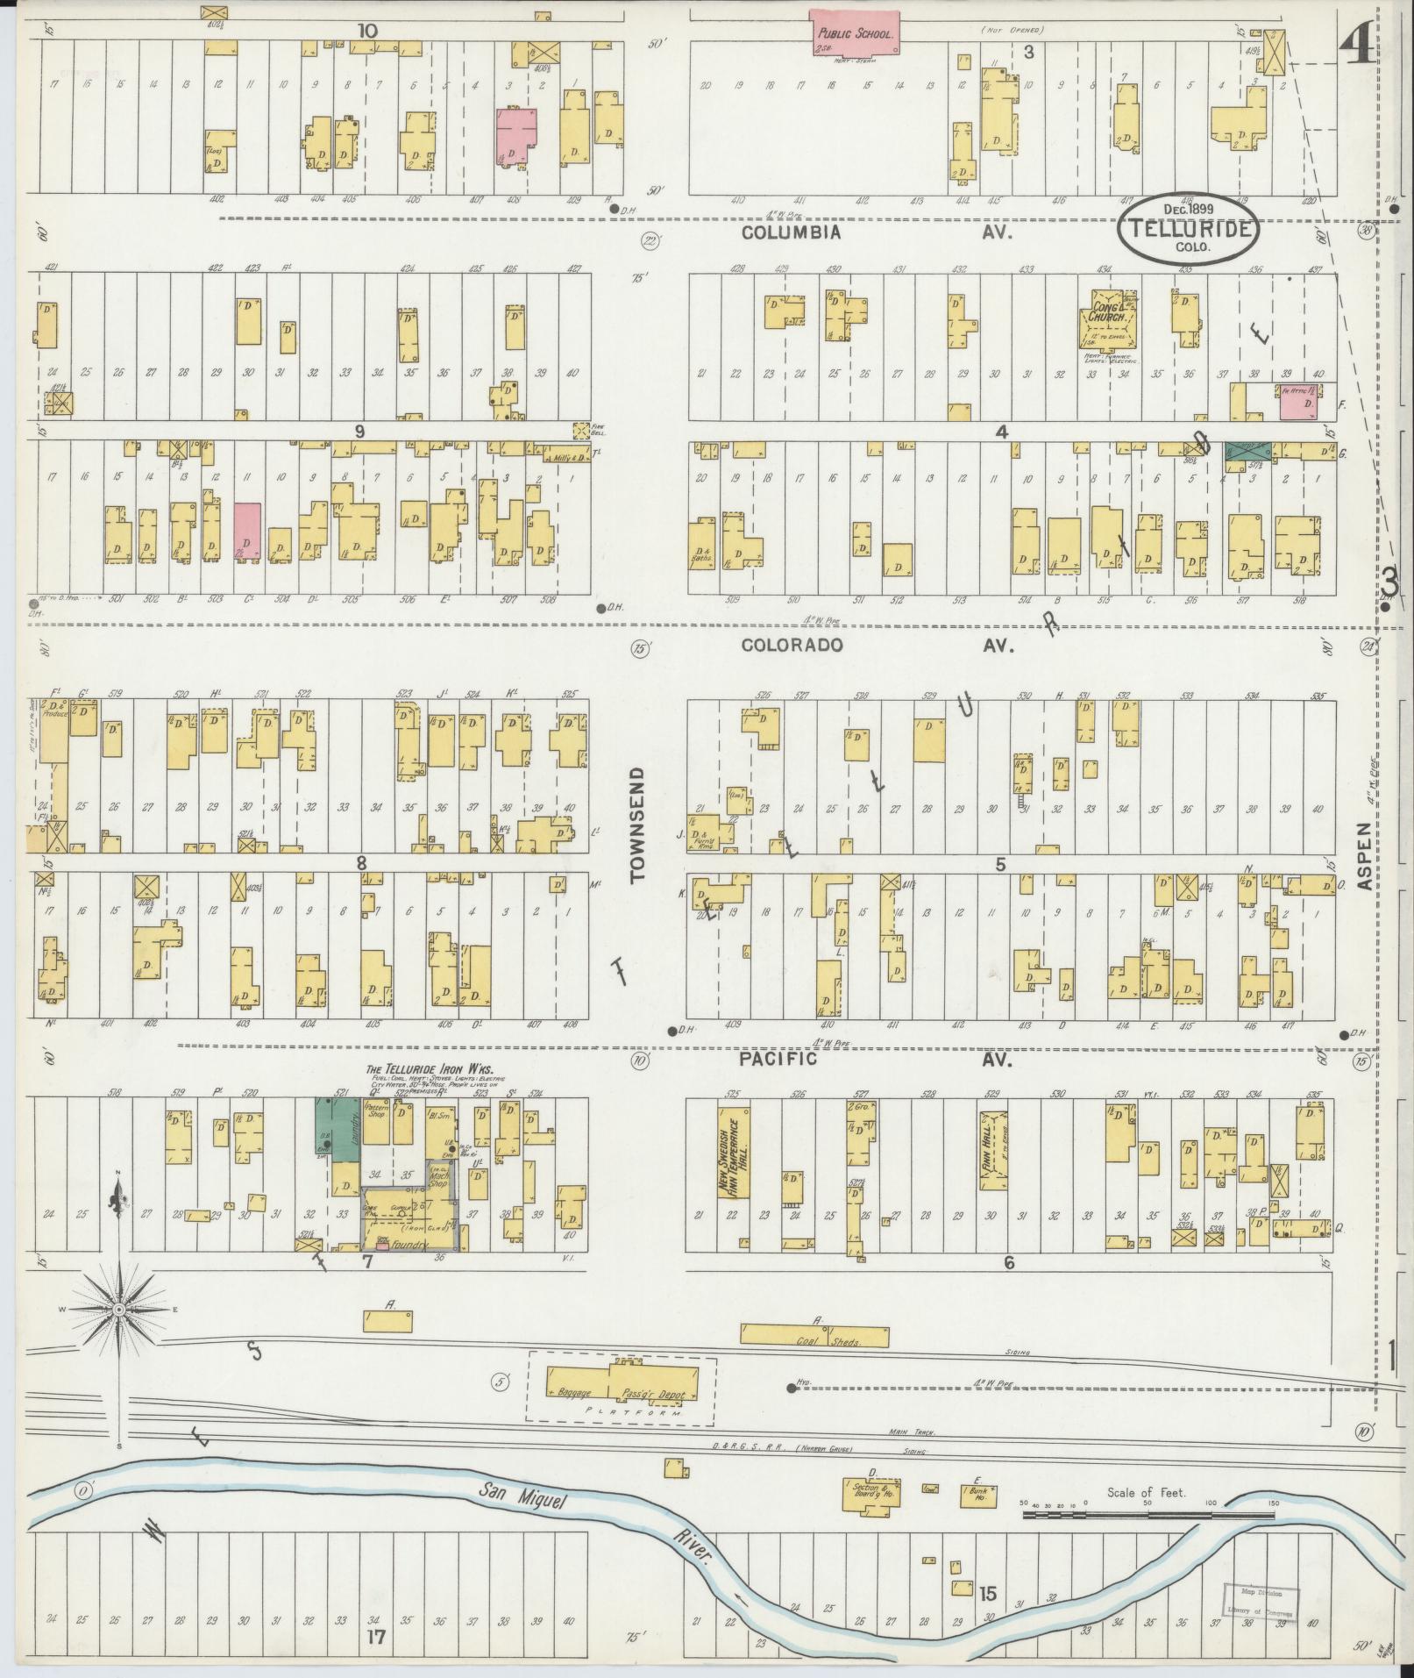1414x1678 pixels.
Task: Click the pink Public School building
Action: [854, 33]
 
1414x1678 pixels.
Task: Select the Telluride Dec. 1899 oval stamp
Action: [1188, 228]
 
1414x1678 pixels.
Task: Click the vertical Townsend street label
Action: [637, 824]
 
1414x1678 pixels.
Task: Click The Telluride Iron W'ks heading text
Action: [430, 1068]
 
